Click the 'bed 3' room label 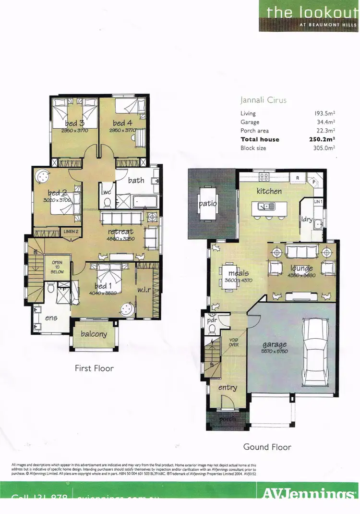(75, 123)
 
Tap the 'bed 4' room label (122, 123)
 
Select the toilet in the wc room (108, 202)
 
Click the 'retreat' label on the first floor (120, 232)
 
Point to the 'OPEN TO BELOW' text (58, 267)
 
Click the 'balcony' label (94, 334)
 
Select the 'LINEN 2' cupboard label (71, 232)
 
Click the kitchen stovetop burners (264, 177)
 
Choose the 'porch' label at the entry (227, 419)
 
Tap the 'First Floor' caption (94, 368)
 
